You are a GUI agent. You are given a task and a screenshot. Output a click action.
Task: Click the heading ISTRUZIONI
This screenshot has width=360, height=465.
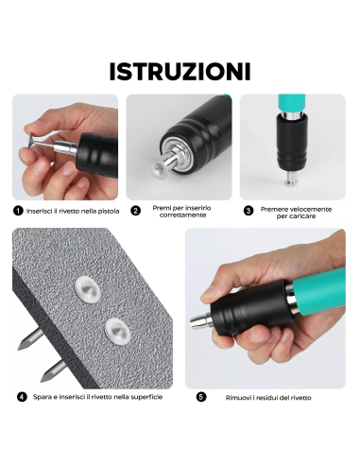pyautogui.click(x=180, y=72)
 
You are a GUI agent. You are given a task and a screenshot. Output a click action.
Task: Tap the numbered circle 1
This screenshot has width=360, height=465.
pyautogui.click(x=18, y=210)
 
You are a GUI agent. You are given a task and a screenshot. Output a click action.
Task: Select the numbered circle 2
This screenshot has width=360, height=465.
pyautogui.click(x=136, y=210)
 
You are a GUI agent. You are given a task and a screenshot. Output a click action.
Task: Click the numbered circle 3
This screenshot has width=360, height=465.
pyautogui.click(x=249, y=210)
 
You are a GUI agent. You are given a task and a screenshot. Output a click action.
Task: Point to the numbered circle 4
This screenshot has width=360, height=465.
pyautogui.click(x=21, y=397)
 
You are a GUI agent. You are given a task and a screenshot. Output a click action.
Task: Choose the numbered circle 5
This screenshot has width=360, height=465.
pyautogui.click(x=201, y=397)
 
